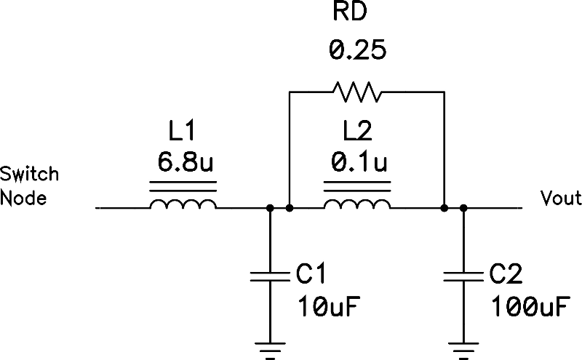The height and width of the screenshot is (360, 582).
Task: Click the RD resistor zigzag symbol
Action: tap(356, 92)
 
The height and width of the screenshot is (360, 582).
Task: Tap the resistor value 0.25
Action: tap(356, 51)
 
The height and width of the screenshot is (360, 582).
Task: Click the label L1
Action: tap(182, 131)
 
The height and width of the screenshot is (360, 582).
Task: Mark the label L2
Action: tap(356, 131)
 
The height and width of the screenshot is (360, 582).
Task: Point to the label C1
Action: tap(314, 273)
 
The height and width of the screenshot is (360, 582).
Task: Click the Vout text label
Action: tap(560, 198)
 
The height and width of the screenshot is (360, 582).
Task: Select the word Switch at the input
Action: tap(30, 175)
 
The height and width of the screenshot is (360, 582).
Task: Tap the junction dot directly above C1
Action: tap(270, 209)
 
